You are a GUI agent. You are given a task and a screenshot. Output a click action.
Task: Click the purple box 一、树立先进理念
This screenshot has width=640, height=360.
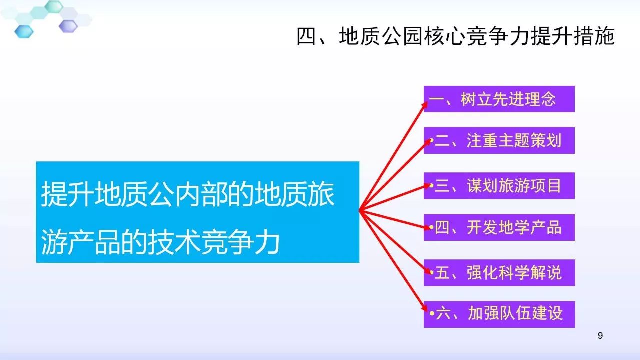click(499, 99)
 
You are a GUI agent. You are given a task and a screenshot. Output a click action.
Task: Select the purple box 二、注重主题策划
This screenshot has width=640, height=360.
click(499, 140)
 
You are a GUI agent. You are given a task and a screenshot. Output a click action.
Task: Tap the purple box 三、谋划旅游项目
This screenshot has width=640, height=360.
click(499, 185)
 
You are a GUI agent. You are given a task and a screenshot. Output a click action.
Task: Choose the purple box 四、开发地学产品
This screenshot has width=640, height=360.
click(499, 227)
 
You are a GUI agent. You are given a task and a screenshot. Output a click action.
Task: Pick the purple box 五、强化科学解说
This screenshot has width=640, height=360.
click(499, 273)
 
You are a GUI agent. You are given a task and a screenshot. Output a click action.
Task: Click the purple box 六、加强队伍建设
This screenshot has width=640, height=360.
click(499, 314)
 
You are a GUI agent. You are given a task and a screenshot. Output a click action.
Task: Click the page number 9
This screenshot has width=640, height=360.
click(600, 335)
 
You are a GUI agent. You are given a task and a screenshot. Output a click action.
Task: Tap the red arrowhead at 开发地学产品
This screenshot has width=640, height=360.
click(426, 227)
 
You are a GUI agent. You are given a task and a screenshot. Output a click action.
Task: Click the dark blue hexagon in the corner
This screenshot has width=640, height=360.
click(24, 31)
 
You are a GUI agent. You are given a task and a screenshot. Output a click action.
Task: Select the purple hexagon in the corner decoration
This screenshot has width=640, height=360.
click(68, 26)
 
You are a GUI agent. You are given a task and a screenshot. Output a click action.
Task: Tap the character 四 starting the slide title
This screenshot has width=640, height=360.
click(306, 36)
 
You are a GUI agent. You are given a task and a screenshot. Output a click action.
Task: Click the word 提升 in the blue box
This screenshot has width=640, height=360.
click(67, 194)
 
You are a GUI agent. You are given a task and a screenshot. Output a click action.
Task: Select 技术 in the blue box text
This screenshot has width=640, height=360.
click(174, 242)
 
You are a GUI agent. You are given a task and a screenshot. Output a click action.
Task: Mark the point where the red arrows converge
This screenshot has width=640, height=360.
click(360, 211)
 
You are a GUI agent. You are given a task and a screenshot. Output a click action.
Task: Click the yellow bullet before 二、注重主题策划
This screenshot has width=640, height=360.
click(431, 140)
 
